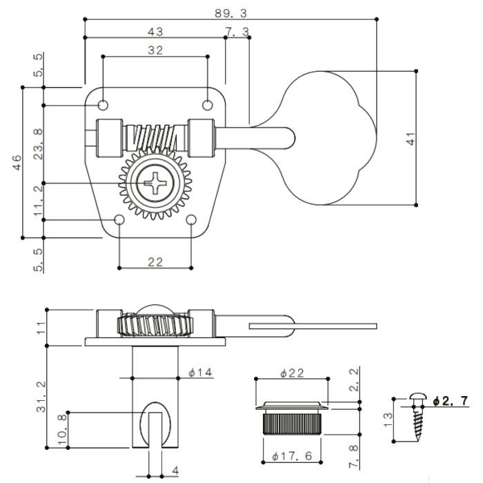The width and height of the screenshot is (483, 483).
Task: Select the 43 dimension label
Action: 155,32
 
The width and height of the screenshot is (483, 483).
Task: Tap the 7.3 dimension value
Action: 237,32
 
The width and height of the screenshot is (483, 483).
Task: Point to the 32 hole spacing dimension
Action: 155,50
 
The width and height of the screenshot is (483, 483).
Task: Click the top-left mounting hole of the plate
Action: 103,105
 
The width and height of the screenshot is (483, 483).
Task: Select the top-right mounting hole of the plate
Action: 208,105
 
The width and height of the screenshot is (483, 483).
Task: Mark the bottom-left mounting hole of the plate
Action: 119,220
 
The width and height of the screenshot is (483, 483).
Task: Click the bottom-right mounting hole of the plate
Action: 192,220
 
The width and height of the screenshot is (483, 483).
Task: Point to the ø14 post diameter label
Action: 200,373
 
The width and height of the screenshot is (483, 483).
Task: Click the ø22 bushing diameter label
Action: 293,373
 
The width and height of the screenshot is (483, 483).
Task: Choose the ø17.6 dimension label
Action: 292,455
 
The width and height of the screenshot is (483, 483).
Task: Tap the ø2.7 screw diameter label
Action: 450,400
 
